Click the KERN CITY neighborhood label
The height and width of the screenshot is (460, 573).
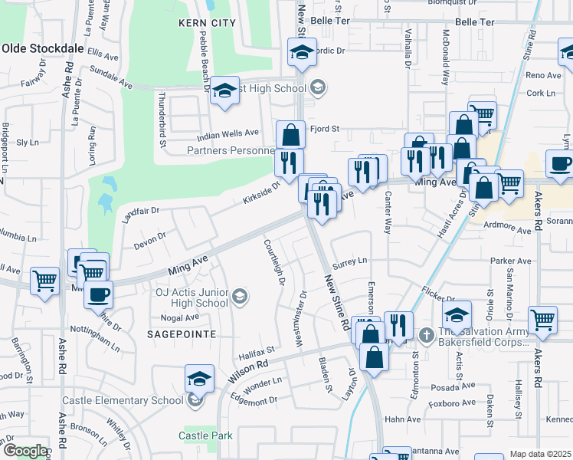point(207,23)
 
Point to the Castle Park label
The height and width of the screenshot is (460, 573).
point(205,435)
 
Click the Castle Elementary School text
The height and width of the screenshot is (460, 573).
point(123,400)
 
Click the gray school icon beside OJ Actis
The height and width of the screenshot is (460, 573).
point(240,297)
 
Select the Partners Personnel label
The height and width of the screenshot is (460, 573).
point(229,150)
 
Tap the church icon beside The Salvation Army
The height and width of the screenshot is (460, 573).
point(427,333)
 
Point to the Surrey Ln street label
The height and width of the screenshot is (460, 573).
point(350,261)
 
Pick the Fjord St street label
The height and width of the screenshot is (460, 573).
point(324,129)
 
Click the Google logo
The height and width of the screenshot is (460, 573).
point(25,451)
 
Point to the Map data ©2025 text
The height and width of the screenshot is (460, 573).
point(540,454)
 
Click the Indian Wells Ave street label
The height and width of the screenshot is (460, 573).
point(228,134)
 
